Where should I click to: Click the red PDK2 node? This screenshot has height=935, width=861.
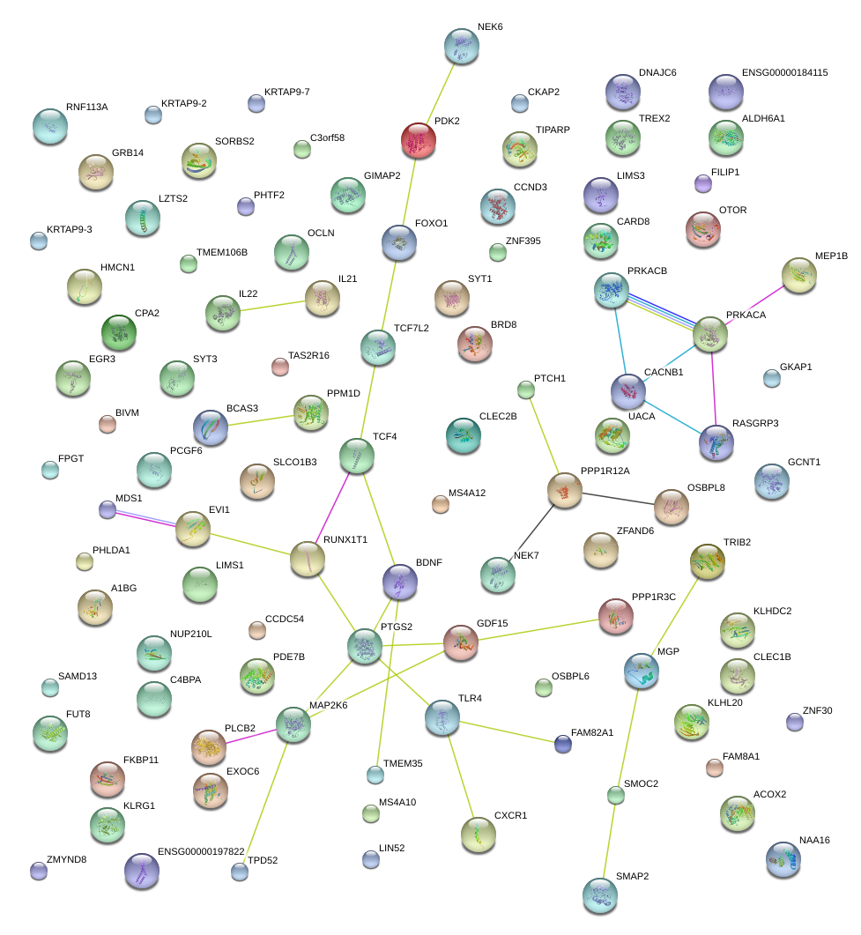pos(419,139)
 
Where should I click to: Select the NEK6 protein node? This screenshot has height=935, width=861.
pos(461,45)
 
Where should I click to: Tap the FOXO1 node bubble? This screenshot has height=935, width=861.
pos(399,241)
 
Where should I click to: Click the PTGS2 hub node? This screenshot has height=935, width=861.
pos(364,646)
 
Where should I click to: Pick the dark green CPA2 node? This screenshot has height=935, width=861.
pos(119,331)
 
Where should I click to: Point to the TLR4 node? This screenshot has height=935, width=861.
pos(442,717)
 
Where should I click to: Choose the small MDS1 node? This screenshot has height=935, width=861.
pos(107,509)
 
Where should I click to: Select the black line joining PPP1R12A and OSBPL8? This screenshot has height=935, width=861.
pos(617,498)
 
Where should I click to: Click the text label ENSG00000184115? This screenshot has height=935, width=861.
pos(784,72)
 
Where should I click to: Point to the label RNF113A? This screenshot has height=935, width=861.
pos(86,108)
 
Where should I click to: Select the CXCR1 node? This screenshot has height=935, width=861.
pos(479,833)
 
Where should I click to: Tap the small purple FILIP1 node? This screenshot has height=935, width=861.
pos(703,183)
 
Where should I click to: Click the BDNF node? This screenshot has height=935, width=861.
pos(399,581)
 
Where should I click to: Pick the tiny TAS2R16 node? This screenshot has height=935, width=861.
pos(280,367)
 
